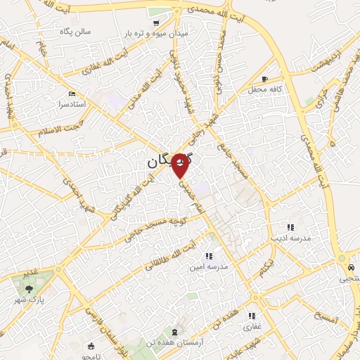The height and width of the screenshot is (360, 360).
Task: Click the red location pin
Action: click(181, 165)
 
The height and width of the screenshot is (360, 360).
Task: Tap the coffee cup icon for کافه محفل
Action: click(264, 79)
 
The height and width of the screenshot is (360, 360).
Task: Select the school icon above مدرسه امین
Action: click(208, 255)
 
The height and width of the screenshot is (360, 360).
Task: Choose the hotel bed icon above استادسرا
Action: click(72, 94)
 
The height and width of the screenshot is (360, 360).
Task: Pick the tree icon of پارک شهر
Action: click(29, 288)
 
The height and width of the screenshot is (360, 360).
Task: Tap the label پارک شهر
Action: click(28, 300)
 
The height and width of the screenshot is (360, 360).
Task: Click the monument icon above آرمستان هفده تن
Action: click(175, 330)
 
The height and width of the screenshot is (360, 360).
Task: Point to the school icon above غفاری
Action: click(251, 316)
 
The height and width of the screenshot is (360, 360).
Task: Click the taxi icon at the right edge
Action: click(349, 268)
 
